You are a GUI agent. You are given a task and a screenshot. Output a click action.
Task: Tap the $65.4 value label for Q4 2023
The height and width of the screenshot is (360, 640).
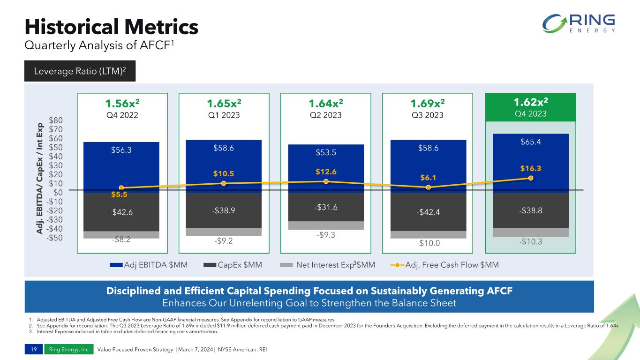pos(531,141)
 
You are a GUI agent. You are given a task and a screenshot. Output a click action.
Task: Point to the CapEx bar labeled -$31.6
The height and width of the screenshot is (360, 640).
pos(326,206)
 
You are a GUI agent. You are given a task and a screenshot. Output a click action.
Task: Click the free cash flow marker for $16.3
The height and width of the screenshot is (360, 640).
pos(531,178)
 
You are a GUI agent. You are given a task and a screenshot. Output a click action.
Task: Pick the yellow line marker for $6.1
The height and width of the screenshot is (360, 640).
pos(428,187)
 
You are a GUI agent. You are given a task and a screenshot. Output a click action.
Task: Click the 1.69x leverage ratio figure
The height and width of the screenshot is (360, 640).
pos(428,103)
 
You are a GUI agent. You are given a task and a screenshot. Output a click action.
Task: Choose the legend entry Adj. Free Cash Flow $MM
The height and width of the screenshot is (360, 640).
pos(444,265)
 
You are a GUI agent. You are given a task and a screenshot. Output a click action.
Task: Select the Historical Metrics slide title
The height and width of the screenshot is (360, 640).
pos(111,27)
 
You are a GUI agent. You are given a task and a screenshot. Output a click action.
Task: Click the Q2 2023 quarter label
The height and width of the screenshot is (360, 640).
pos(326,114)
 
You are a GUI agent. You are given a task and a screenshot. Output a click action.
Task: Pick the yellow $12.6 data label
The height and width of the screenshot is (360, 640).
pos(326,171)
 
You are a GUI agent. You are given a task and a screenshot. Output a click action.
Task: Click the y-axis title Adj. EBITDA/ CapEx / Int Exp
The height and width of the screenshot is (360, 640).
pos(40,179)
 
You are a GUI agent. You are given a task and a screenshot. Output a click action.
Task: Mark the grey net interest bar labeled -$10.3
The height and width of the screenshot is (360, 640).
pos(531,232)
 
